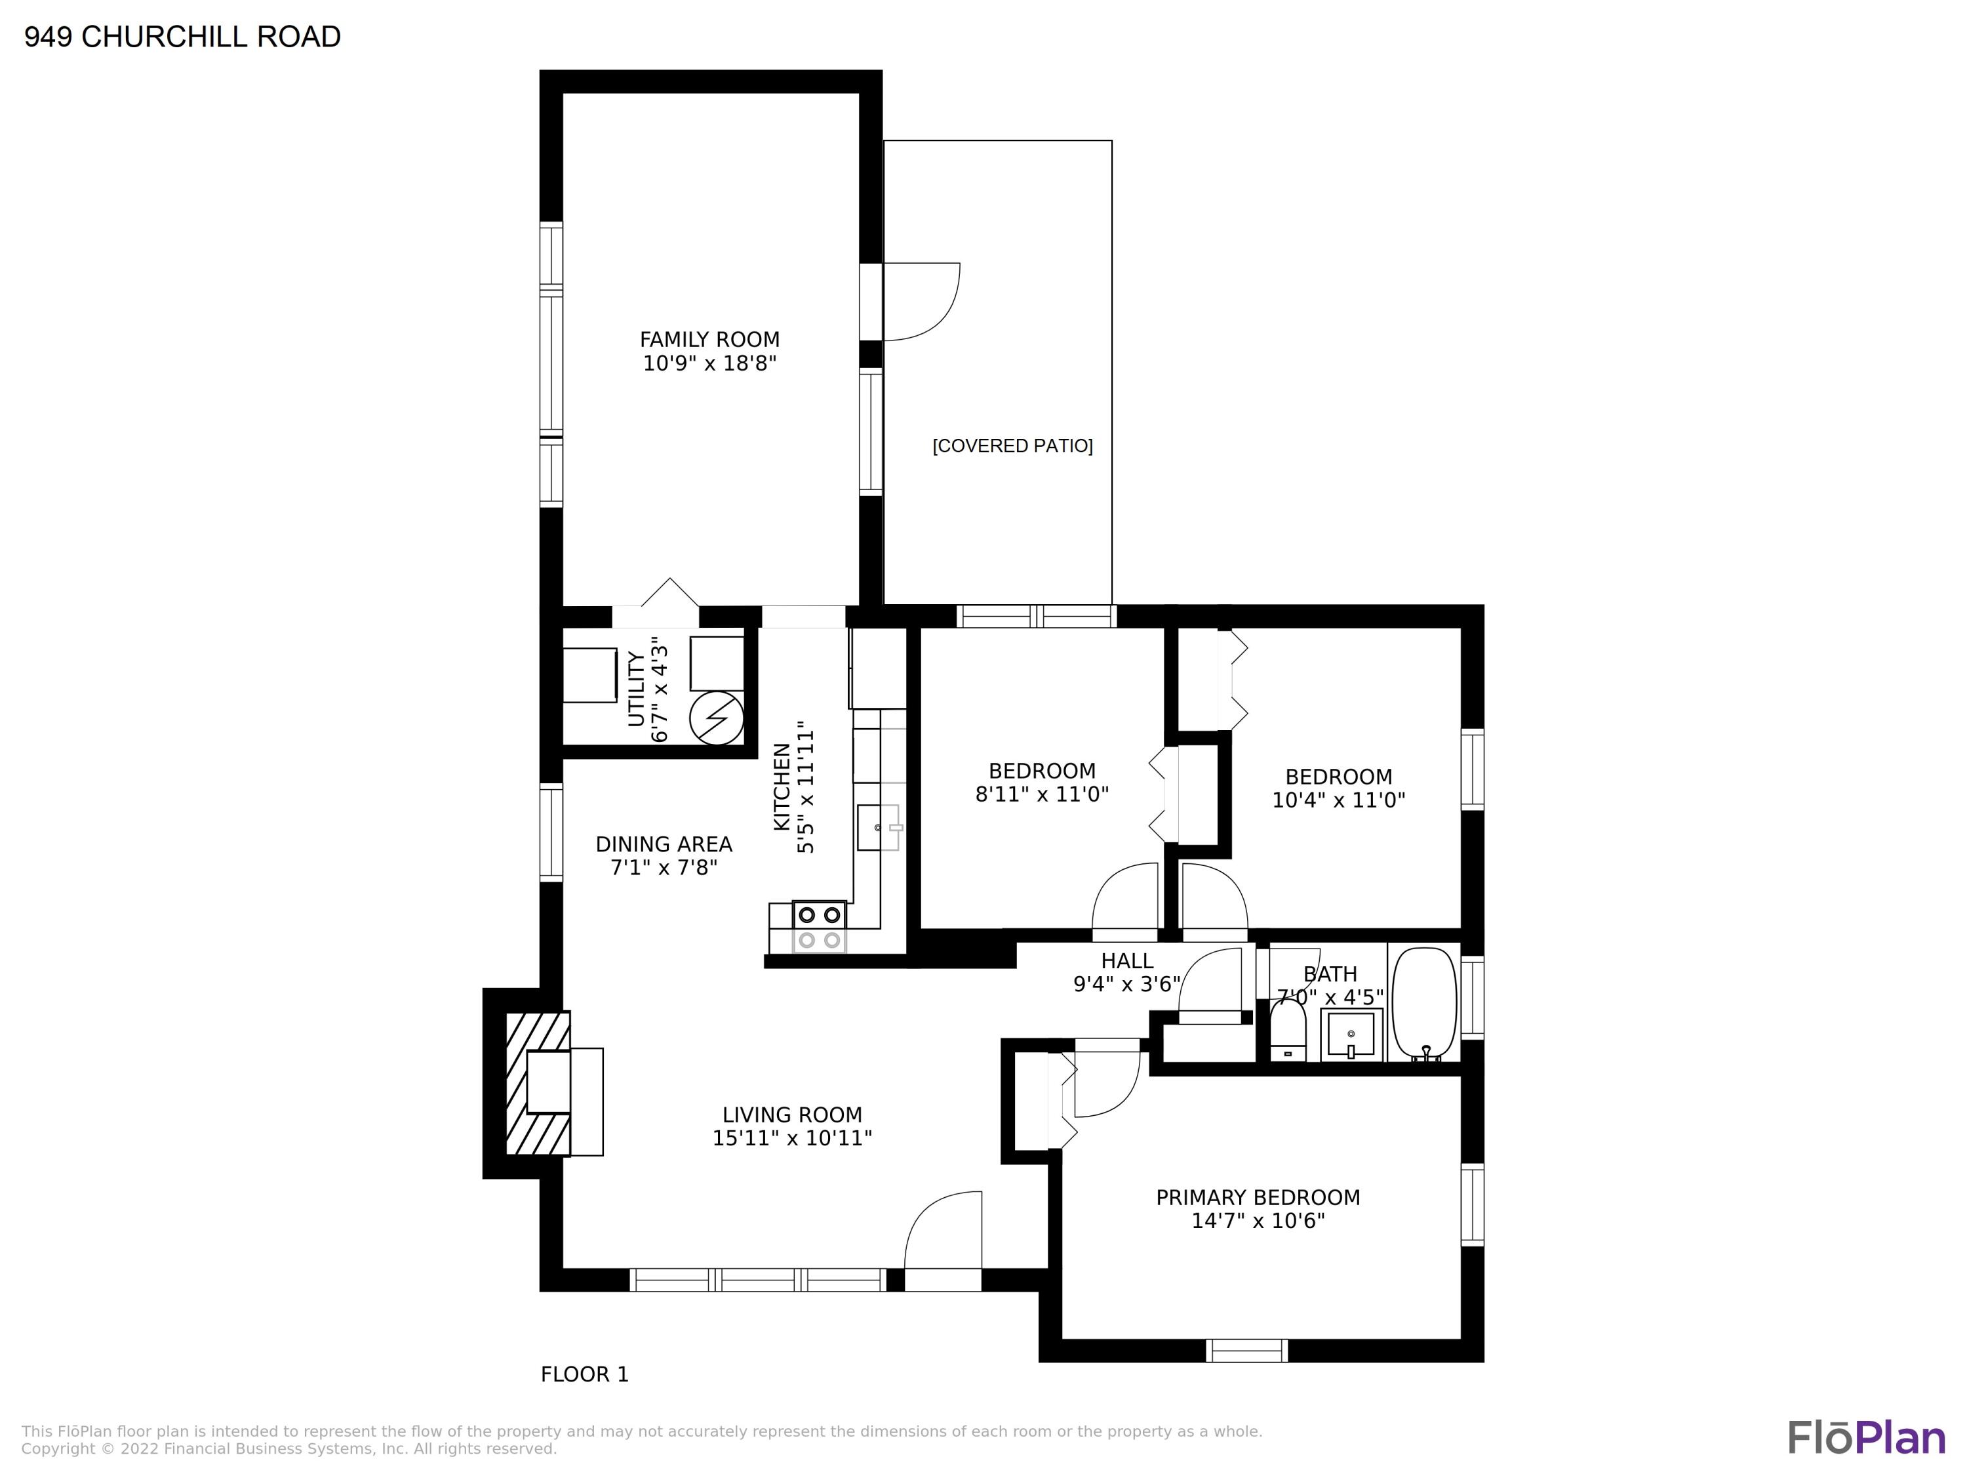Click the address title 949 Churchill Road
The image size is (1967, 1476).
pyautogui.click(x=182, y=37)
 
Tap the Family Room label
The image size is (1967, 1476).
pyautogui.click(x=709, y=340)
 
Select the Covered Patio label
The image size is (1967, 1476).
pyautogui.click(x=1012, y=445)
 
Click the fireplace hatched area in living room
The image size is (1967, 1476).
pyautogui.click(x=537, y=1083)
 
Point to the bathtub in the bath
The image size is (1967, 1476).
pyautogui.click(x=1425, y=1004)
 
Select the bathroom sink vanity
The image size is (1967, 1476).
pyautogui.click(x=1351, y=1035)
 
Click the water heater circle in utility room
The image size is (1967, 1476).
pyautogui.click(x=717, y=717)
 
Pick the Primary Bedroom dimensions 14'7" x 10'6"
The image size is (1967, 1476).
pyautogui.click(x=1258, y=1221)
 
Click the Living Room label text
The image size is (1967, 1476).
pyautogui.click(x=792, y=1115)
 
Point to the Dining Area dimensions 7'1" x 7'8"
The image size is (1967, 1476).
pyautogui.click(x=664, y=867)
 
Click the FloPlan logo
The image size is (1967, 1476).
pyautogui.click(x=1867, y=1438)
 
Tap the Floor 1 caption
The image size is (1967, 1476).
pyautogui.click(x=584, y=1374)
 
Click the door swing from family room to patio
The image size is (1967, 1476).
pyautogui.click(x=922, y=302)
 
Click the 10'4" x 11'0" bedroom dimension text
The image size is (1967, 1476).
pyautogui.click(x=1338, y=800)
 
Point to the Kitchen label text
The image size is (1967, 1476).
pyautogui.click(x=782, y=787)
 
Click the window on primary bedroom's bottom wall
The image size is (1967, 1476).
pyautogui.click(x=1246, y=1351)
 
